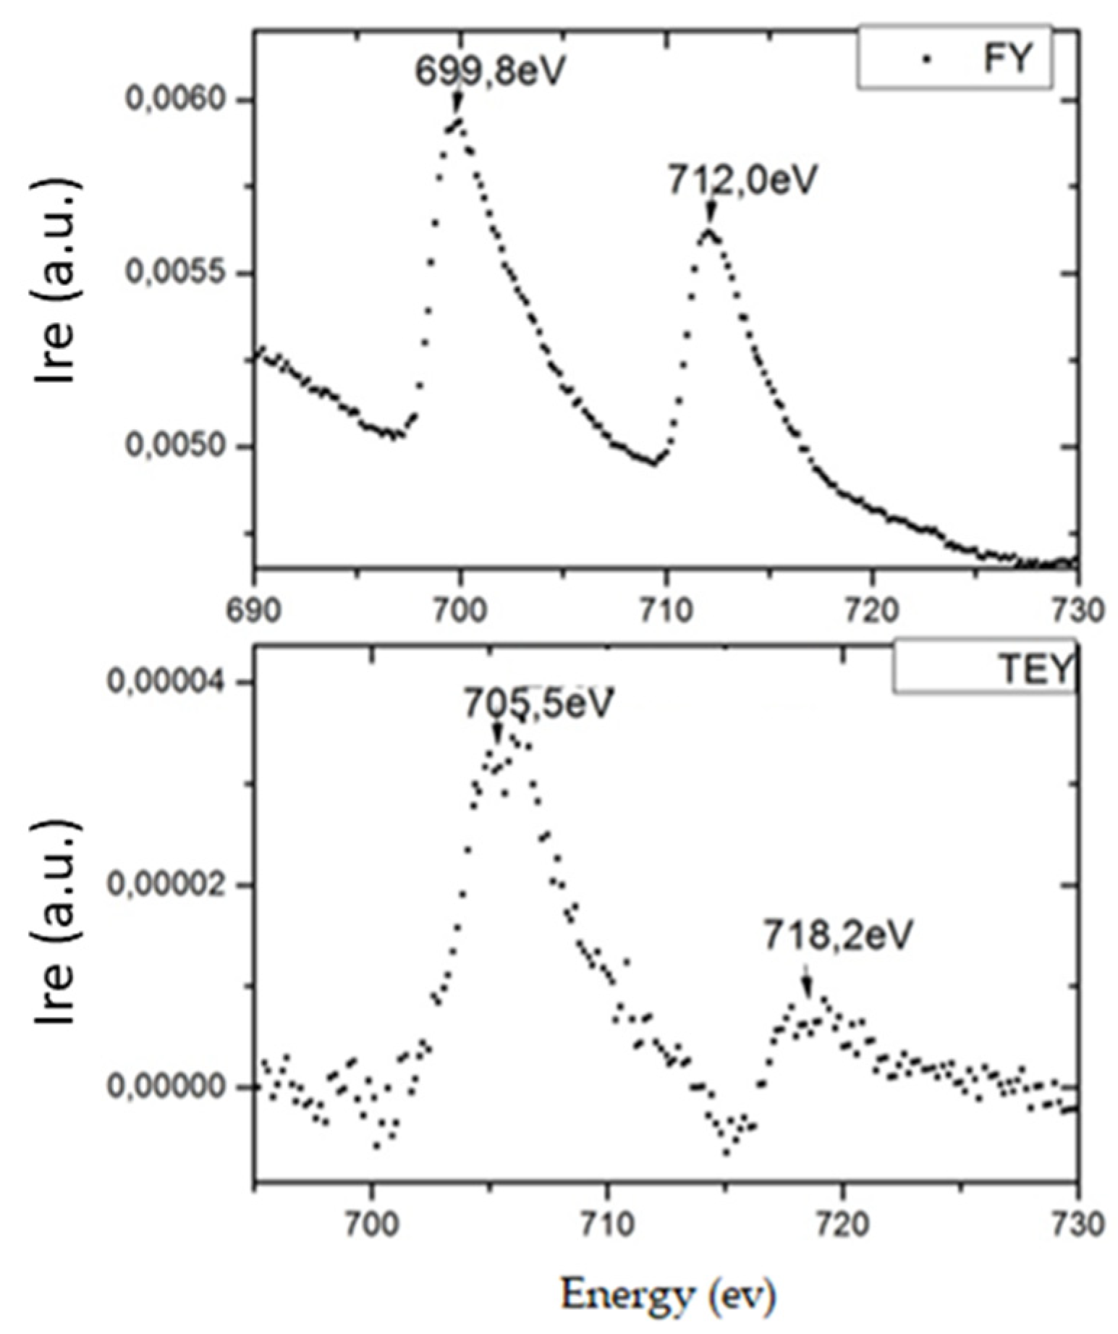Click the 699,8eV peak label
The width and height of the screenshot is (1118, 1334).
click(x=488, y=71)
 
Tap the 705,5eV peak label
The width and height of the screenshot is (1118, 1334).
click(x=539, y=703)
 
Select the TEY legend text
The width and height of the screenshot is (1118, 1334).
click(x=1033, y=671)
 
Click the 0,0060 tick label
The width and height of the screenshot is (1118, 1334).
click(x=186, y=99)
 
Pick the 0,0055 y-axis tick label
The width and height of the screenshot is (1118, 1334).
click(x=186, y=273)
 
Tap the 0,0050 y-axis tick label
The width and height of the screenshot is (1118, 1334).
click(x=186, y=446)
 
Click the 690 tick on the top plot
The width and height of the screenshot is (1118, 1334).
click(x=254, y=610)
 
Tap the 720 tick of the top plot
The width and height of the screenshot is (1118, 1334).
click(x=871, y=610)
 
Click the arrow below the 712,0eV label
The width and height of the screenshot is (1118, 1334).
click(x=711, y=214)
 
